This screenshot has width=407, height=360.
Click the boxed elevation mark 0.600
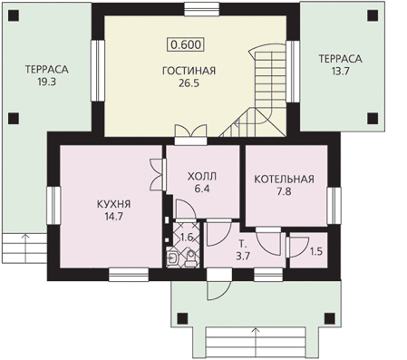coord(186,44)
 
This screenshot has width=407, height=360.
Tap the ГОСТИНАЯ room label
coord(189,71)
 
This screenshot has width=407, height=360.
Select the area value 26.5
coord(189,83)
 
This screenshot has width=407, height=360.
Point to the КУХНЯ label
coord(113,204)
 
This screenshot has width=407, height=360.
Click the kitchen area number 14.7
coord(113,217)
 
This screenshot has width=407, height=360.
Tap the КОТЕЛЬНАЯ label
coord(284,179)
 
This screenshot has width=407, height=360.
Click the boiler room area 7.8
coord(284,191)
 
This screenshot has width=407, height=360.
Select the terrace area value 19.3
coord(47,82)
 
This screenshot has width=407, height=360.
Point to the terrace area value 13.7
coord(340,72)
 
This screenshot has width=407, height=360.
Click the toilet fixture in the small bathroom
coord(190,259)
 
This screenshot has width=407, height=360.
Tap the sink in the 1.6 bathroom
coord(172,258)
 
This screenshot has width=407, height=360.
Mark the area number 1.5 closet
coord(316,251)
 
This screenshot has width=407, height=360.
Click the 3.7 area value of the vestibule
coord(243,257)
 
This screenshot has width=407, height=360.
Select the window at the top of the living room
coord(202,9)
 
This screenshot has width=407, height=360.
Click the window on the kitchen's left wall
coord(53,205)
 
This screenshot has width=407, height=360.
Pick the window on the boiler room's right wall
coord(334,206)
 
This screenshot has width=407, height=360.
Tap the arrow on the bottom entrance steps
coord(257,344)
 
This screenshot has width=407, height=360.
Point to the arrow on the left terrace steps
coord(25,248)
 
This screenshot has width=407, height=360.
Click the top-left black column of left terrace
coord(14,15)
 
